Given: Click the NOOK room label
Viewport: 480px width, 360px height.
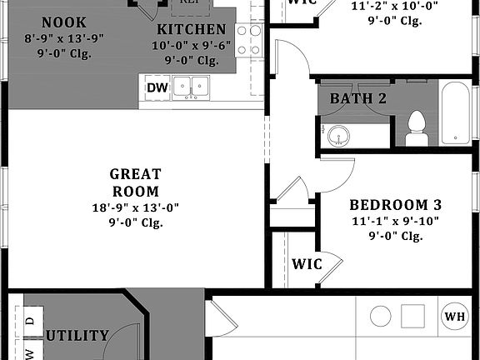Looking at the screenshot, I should [x=63, y=22].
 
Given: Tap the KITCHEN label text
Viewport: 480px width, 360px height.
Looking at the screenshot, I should [x=191, y=30].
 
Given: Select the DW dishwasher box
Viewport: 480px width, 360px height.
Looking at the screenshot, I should [x=157, y=87].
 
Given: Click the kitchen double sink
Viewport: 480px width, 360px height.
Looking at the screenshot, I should [x=191, y=86].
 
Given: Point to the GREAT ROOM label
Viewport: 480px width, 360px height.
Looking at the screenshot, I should [x=135, y=182].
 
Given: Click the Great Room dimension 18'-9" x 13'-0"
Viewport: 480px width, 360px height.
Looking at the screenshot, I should [x=135, y=207].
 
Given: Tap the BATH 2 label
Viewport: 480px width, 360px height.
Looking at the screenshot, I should [x=358, y=99].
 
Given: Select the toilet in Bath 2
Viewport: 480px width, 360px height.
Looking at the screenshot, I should [x=416, y=128].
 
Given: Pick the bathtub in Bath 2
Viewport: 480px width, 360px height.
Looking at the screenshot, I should [x=456, y=112].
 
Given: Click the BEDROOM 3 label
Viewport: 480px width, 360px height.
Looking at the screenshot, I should [x=395, y=205].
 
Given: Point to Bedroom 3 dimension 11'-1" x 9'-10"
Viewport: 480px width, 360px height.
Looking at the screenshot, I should [x=395, y=221].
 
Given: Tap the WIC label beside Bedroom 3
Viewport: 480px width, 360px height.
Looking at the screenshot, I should [x=307, y=264].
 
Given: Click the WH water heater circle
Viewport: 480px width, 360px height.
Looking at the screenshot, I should [x=455, y=317].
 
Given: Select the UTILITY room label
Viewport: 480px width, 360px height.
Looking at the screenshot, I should [x=77, y=336].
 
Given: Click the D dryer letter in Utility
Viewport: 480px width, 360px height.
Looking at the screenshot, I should [x=30, y=319].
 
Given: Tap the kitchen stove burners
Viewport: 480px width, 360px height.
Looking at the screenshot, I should [x=248, y=39].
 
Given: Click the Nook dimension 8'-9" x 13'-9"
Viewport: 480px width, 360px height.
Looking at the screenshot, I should [x=64, y=38].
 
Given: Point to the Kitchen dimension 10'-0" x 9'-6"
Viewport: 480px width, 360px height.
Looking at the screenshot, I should [x=191, y=46].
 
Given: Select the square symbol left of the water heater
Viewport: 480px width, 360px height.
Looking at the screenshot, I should [x=413, y=317].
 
